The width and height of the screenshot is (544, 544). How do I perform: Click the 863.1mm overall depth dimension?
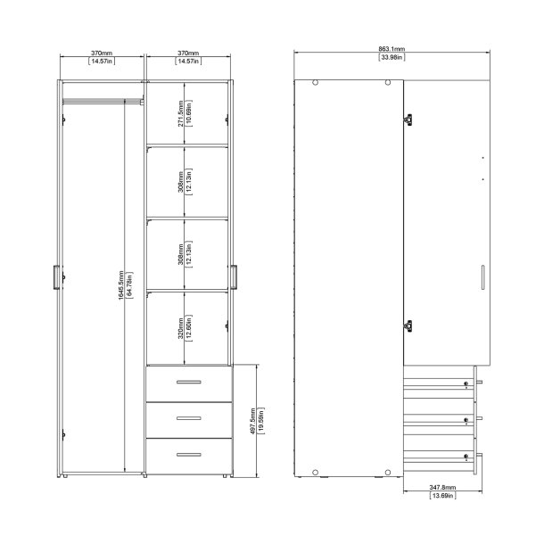tap(388, 50)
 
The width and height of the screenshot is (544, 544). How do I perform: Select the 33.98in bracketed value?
tap(388, 58)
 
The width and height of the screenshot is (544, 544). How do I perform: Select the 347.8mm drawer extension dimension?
tap(441, 488)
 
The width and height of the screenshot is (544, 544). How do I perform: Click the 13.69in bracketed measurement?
tap(441, 496)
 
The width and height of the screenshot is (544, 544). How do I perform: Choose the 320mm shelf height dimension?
tap(180, 326)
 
